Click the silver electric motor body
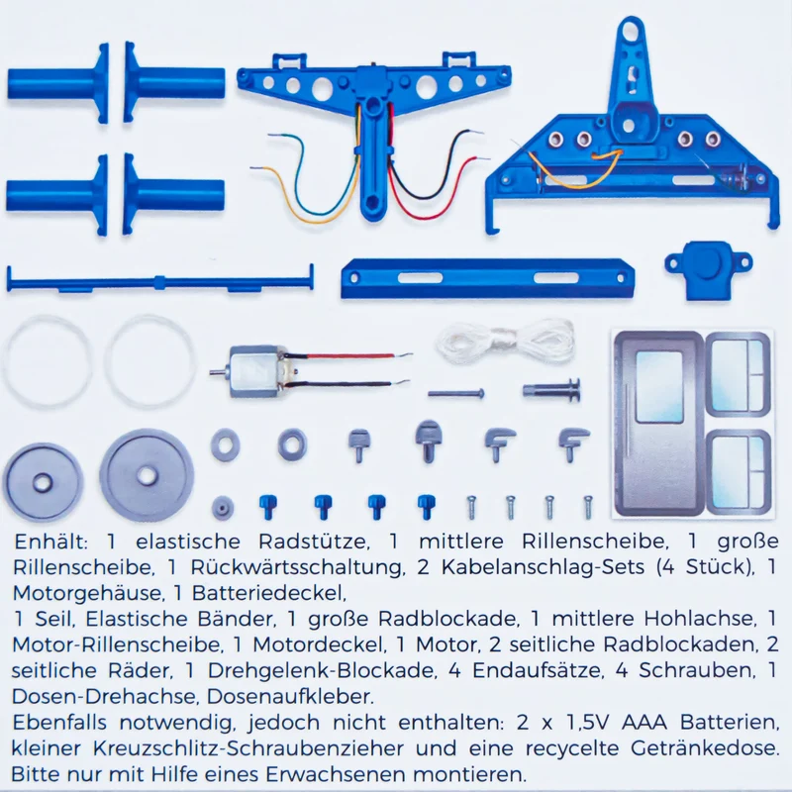click(256, 371)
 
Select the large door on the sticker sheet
click(658, 424)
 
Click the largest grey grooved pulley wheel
click(147, 475)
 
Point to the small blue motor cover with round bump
click(708, 269)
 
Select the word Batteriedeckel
click(268, 593)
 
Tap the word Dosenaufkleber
click(290, 697)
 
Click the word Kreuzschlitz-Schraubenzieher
click(248, 748)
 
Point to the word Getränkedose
click(704, 748)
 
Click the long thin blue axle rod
click(159, 279)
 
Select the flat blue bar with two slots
click(487, 278)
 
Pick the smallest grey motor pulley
click(222, 507)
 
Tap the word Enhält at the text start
click(51, 542)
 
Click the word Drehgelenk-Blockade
click(322, 671)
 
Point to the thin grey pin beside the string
click(456, 393)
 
